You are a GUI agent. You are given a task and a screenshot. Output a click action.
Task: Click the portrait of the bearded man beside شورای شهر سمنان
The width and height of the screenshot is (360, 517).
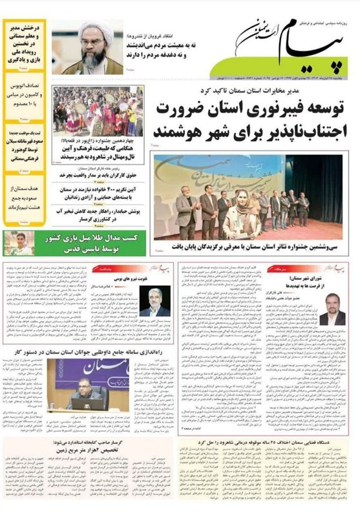(332, 311)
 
